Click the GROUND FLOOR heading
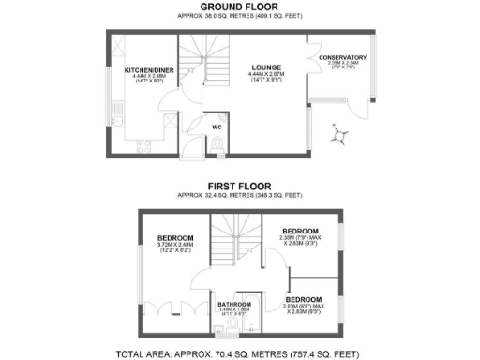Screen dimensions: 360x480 [x=240, y=7]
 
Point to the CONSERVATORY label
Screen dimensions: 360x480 [x=342, y=58]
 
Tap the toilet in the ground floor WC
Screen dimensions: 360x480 [x=217, y=143]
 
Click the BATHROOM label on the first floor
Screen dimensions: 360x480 [x=234, y=305]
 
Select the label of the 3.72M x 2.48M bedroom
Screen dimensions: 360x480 [x=174, y=238]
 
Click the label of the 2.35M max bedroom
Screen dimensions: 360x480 [x=301, y=231]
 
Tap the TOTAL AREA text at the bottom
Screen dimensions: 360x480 [x=240, y=354]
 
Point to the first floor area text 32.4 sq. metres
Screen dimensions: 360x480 [x=240, y=195]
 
